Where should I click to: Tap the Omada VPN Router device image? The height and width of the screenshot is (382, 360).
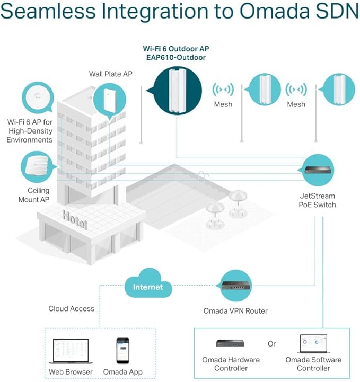236,286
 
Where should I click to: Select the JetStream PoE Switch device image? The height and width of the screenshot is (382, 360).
318,170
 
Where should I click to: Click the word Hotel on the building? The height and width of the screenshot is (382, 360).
75,219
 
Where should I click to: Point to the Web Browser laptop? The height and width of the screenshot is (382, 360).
71,351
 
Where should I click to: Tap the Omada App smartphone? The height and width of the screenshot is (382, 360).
122,351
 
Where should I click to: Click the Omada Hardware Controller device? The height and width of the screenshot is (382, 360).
230,343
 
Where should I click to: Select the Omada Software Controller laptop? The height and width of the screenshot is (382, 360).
314,344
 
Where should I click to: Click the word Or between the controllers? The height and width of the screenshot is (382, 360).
271,344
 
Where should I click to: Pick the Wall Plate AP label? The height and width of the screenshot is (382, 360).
111,74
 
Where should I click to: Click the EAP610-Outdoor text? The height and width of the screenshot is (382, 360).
175,58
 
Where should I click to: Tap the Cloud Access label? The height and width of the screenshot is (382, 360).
71,308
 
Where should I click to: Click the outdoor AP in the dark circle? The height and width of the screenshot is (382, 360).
177,91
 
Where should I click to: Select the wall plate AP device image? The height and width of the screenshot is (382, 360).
110,100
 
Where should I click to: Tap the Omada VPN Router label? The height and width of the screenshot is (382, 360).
235,311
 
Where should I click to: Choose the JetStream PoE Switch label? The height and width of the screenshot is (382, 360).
318,200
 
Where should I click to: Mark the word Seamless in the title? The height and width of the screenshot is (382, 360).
48,11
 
